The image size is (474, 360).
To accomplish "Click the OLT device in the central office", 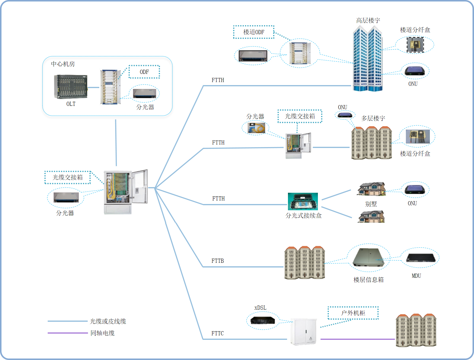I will coord(71,87).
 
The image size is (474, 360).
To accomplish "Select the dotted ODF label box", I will coord(144,72).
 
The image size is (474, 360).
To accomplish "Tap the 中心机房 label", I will coord(63,64).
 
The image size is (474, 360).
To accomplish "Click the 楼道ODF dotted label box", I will coord(254,32).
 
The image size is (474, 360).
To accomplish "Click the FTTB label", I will coord(217,261).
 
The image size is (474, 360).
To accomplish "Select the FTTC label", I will coord(217,334).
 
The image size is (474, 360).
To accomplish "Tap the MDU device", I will coord(420,258).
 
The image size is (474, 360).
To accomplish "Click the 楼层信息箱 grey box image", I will coord(369,257).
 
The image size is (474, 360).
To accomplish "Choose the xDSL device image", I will coord(262,320).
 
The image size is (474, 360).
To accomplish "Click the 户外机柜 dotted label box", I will coord(353,313).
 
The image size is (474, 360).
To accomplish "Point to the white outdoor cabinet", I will coord(304,332).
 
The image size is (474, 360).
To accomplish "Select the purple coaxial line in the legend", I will coord(68,333).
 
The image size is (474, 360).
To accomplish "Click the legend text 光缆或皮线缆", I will coord(108,321).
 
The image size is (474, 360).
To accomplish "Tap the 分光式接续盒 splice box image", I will coord(303,201).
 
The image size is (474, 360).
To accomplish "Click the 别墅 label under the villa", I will coord(371,204).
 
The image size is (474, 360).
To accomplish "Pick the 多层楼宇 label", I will coord(373,118).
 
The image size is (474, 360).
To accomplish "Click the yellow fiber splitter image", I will coord(255,128).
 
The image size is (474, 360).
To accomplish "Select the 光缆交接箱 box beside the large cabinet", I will coord(68,177).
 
